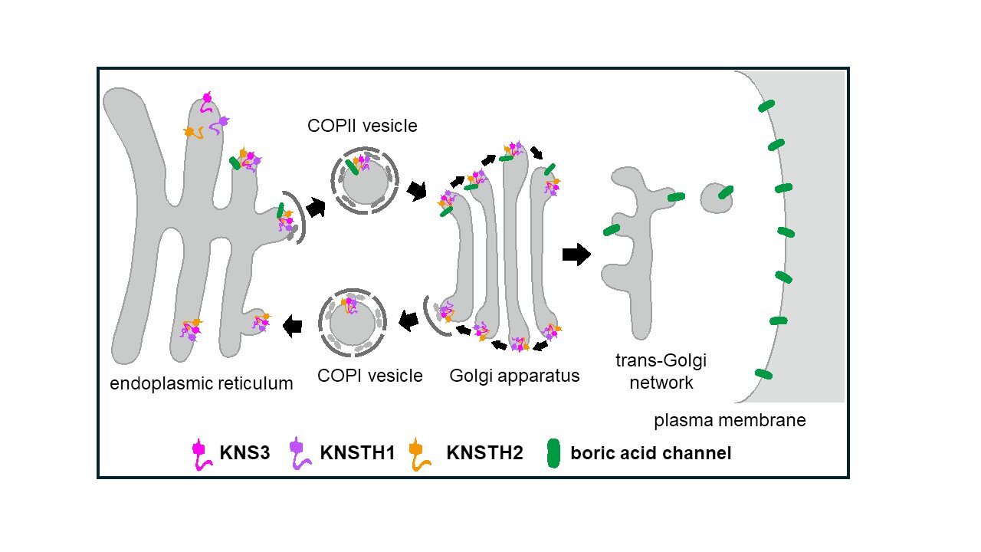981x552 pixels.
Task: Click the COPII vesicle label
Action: [363, 126]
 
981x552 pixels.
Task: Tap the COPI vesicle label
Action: [370, 376]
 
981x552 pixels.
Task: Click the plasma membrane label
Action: [730, 421]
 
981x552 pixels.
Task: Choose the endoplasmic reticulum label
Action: [202, 383]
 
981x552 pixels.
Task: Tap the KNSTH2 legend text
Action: [484, 453]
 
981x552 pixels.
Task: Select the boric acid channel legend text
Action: [651, 453]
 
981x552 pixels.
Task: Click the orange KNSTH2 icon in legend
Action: [418, 452]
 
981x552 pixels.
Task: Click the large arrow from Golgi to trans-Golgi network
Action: [576, 254]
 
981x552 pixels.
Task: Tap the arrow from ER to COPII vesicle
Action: [315, 206]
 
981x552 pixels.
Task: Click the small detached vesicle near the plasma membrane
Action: [717, 197]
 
